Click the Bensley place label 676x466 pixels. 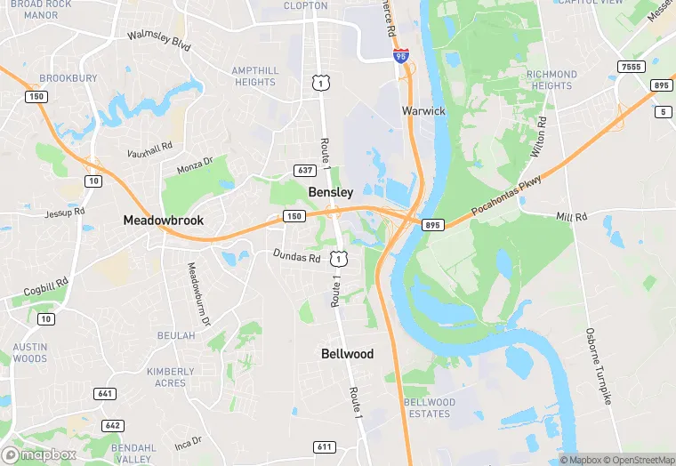(331, 192)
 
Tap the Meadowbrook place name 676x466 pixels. (164, 220)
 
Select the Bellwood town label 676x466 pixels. (347, 354)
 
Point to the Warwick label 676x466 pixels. (423, 111)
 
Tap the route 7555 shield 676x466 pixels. (632, 67)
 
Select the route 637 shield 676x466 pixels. (305, 170)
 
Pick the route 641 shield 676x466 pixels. (105, 393)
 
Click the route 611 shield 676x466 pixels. (324, 446)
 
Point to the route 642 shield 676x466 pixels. (113, 425)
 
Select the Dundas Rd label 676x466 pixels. (297, 257)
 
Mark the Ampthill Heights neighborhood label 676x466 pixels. (255, 76)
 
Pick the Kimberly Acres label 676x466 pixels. (171, 377)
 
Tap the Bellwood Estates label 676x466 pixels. (430, 408)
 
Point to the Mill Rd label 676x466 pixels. (572, 217)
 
